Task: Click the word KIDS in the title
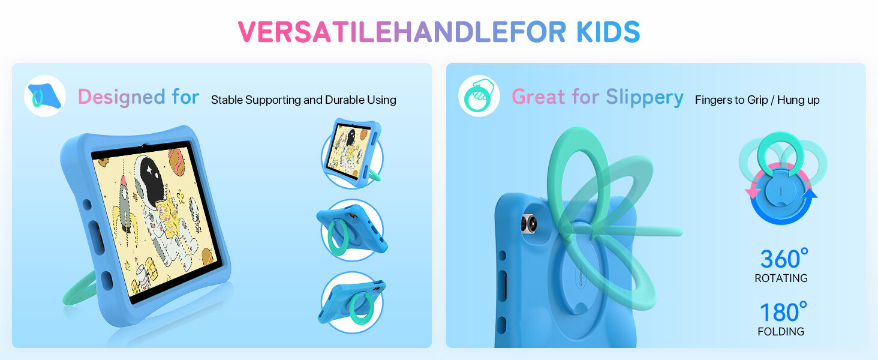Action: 608,32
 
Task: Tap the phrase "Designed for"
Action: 139,97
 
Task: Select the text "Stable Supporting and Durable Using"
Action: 303,100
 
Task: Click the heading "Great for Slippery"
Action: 597,97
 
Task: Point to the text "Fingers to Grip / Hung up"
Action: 757,100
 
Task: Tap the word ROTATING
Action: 781,278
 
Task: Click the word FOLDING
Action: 781,331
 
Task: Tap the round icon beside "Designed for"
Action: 45,96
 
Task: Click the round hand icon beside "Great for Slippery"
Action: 479,96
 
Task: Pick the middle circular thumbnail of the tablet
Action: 352,231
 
